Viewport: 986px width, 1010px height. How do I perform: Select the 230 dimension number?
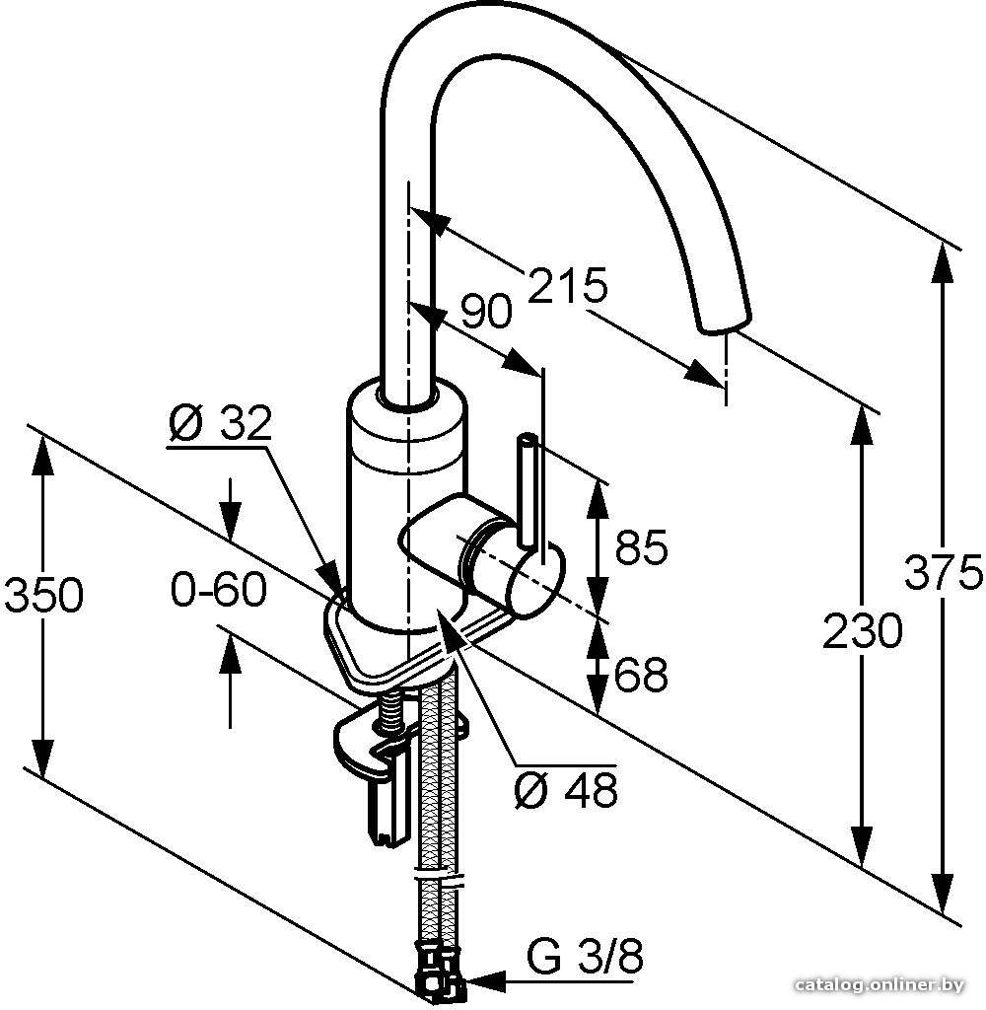(x=863, y=630)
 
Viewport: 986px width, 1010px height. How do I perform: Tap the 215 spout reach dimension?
(x=567, y=284)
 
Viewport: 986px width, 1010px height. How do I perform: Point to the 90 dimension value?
(x=487, y=312)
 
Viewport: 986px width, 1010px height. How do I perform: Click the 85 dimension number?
(x=642, y=547)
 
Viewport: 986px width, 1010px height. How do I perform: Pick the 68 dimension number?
(x=642, y=675)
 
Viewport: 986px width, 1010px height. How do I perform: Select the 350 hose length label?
(x=43, y=594)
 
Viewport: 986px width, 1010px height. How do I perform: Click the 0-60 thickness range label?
(x=219, y=589)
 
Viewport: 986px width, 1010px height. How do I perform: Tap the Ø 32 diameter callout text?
(x=220, y=422)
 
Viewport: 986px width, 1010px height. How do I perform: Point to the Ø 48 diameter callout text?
(x=567, y=789)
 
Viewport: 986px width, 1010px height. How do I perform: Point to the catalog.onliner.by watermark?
(x=879, y=984)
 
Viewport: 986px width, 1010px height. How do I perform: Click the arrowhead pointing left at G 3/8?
(x=483, y=981)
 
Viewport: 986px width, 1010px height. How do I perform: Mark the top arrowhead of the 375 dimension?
(x=943, y=265)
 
